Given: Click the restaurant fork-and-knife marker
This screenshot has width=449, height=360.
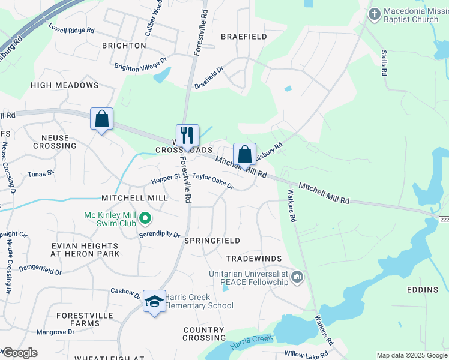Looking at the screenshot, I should (x=187, y=136).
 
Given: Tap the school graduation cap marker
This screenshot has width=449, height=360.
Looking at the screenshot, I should (x=154, y=301).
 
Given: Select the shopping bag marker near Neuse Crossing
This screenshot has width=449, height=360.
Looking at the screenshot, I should (x=101, y=119).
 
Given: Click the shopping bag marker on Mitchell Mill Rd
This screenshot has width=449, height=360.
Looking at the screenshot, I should (x=244, y=154).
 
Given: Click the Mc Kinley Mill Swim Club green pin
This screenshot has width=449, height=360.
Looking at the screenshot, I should (x=145, y=217).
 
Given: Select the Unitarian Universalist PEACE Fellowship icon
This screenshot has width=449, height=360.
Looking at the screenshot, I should (x=297, y=277).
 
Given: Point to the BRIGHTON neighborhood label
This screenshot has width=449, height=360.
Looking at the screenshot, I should (x=124, y=46).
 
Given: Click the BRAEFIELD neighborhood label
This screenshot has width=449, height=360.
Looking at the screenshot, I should (x=244, y=37).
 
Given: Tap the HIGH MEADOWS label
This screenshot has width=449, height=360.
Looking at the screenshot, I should (x=64, y=85).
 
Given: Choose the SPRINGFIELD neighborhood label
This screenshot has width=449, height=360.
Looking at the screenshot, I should (x=212, y=241).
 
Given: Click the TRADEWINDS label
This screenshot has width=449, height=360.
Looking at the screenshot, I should (x=253, y=259).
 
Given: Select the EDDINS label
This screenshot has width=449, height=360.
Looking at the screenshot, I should (x=422, y=290).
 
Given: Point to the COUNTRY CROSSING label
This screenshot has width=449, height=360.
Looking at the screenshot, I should (x=204, y=334).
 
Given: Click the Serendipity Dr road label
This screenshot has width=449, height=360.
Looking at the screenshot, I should (x=160, y=235).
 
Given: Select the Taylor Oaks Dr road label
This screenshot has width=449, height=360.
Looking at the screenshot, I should (x=212, y=181).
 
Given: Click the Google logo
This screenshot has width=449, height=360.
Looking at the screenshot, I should (x=19, y=353).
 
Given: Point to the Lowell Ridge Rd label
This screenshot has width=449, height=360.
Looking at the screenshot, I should (x=71, y=28).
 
